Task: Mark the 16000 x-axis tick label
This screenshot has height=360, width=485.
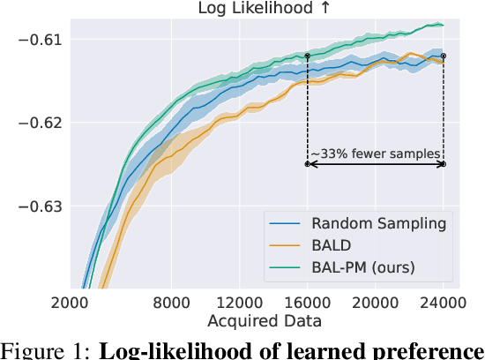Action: [306, 302]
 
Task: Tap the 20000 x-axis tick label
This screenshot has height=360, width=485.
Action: [374, 302]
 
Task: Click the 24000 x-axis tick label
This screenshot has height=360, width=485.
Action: [443, 302]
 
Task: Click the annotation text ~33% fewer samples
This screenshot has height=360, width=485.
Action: [375, 154]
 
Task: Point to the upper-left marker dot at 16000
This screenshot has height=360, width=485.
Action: [307, 56]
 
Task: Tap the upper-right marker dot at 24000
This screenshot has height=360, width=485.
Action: [444, 56]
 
